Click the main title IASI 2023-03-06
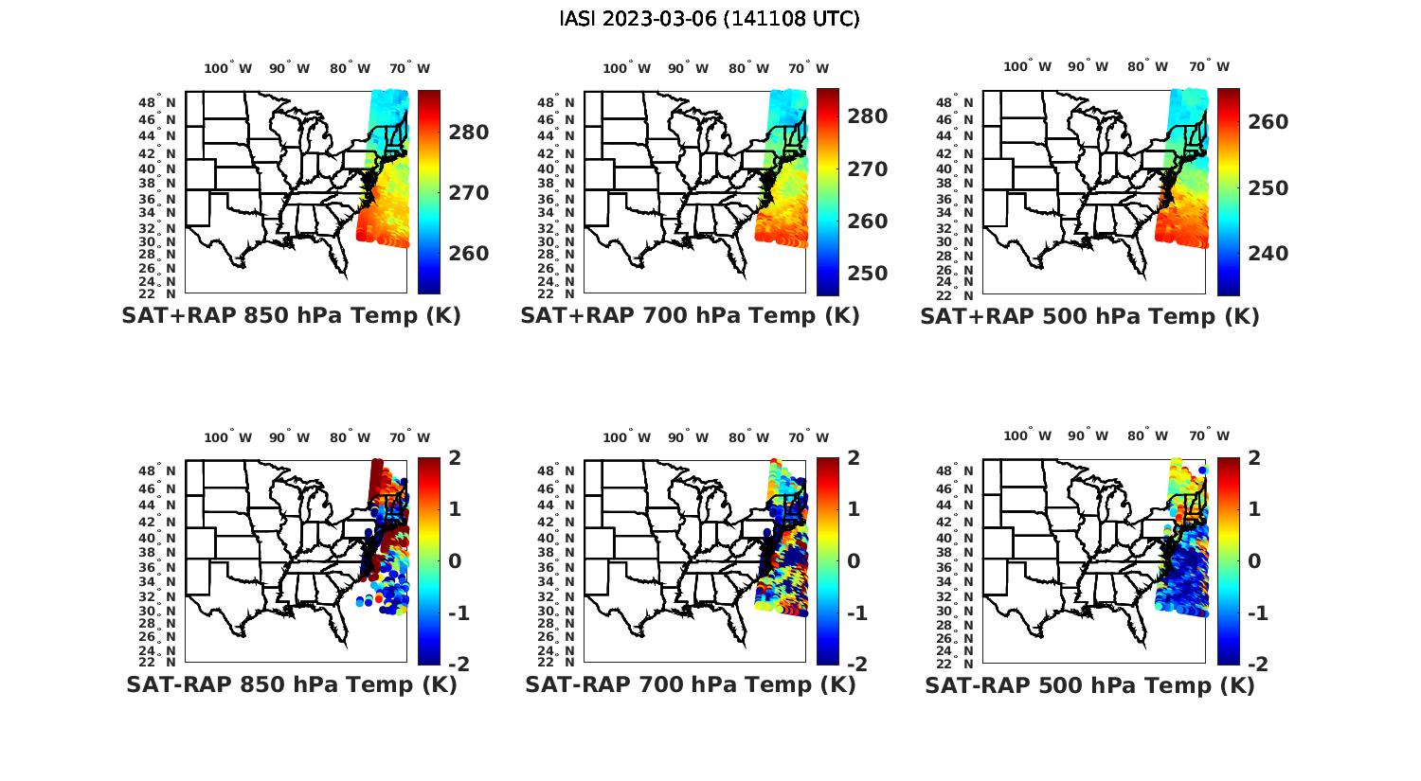[710, 19]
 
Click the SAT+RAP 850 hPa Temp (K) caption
[291, 316]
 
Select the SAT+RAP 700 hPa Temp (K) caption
[690, 316]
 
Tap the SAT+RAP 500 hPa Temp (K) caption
[1089, 316]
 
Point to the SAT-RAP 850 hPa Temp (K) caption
[291, 684]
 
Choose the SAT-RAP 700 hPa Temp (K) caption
[690, 684]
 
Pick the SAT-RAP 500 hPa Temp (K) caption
[1089, 684]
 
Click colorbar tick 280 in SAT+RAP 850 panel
[469, 133]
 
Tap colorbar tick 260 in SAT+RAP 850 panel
[469, 254]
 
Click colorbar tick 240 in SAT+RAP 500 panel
[1268, 254]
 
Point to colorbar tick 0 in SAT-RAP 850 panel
[454, 561]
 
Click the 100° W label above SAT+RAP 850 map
[228, 68]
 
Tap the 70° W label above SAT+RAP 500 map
[1209, 66]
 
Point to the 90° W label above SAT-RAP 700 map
[688, 437]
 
